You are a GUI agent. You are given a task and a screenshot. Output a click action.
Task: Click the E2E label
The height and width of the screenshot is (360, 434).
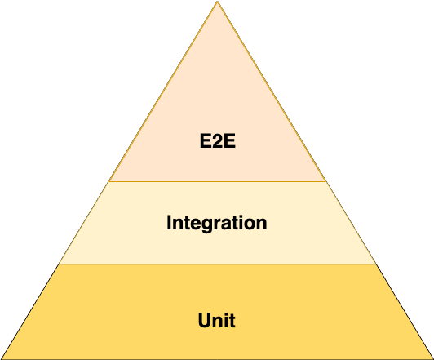(x=218, y=141)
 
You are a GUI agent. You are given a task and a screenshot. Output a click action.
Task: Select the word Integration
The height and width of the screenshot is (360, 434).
(x=217, y=223)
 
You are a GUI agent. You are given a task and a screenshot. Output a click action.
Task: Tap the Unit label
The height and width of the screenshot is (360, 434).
(x=217, y=320)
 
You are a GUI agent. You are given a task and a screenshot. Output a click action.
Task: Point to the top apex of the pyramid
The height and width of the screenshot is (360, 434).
(x=217, y=1)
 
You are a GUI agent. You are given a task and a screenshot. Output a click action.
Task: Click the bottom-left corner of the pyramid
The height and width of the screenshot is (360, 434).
(x=1, y=359)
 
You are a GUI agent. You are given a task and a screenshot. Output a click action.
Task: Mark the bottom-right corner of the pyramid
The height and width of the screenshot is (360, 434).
(x=433, y=359)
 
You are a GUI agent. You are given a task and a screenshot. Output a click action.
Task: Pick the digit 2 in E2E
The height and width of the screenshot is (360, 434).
(x=218, y=141)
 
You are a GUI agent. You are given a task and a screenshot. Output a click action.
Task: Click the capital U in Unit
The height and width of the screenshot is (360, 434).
(x=204, y=320)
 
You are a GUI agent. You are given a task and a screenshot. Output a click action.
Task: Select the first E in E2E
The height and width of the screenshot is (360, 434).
(x=206, y=141)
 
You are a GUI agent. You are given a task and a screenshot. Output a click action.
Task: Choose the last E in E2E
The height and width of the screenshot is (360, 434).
(x=230, y=141)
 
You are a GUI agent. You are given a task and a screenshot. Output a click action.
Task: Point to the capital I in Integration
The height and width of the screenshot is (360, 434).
(x=169, y=222)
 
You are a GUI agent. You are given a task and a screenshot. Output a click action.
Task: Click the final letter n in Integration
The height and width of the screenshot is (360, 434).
(x=261, y=224)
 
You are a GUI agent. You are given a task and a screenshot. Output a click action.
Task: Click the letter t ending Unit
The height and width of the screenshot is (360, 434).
(x=232, y=322)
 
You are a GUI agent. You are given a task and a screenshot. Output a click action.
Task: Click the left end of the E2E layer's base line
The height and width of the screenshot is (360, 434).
(x=109, y=182)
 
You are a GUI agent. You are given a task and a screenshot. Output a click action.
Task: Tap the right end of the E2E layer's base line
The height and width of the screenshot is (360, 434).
(x=325, y=182)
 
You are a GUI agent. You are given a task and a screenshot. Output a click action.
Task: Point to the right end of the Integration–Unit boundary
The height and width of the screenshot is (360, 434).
(x=376, y=264)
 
